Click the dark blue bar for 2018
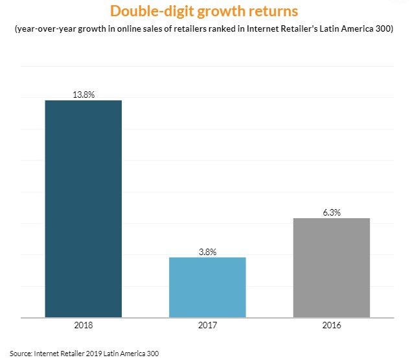click(83, 208)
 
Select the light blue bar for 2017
click(207, 287)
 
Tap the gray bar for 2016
click(331, 268)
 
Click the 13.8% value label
click(83, 95)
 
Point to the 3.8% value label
click(207, 252)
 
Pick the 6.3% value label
click(331, 212)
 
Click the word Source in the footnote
click(21, 354)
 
